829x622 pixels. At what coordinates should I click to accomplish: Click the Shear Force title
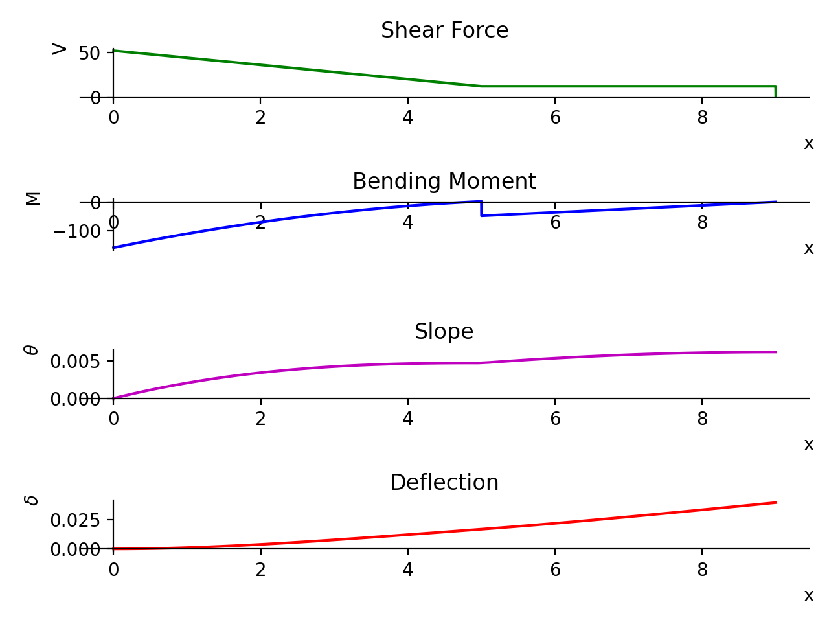[444, 30]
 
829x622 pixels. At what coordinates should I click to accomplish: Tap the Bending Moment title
[444, 181]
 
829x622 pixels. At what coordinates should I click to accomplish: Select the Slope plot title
[444, 332]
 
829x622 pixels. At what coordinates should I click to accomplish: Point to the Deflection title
[444, 483]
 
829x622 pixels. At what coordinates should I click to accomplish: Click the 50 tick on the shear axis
[89, 53]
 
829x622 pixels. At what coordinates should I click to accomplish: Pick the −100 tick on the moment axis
[76, 231]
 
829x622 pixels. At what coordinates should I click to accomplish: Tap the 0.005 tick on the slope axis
[75, 361]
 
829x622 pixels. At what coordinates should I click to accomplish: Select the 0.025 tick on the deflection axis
[75, 520]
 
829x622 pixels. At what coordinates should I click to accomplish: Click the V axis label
[60, 49]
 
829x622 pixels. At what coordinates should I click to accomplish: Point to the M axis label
[33, 198]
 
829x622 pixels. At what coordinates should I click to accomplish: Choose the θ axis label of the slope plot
[31, 350]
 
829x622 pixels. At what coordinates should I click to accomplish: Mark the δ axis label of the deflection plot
[31, 500]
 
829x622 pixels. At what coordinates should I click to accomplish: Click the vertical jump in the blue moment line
[481, 209]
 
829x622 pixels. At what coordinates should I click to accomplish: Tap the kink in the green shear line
[481, 86]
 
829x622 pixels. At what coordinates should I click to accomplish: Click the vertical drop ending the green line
[776, 91]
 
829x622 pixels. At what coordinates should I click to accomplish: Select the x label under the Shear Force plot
[808, 143]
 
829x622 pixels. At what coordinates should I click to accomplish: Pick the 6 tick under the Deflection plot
[555, 570]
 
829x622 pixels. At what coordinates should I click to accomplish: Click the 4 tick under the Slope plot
[407, 419]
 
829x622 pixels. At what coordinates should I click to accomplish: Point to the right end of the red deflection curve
[776, 502]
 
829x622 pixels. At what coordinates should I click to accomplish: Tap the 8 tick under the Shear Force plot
[702, 118]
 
